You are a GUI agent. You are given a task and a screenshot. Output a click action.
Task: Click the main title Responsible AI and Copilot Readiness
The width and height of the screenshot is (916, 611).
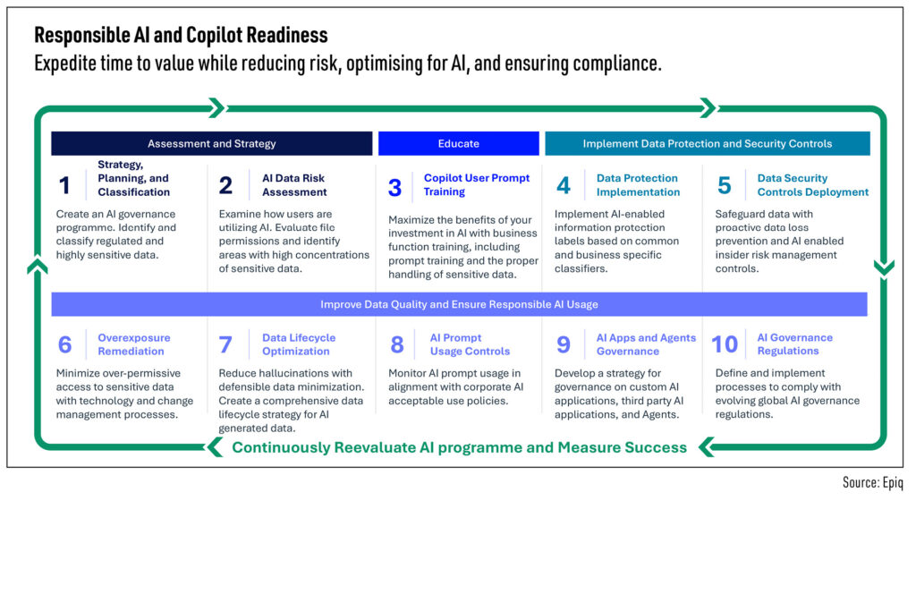click(181, 36)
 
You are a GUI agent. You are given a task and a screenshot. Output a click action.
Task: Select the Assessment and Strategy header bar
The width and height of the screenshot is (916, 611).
click(211, 143)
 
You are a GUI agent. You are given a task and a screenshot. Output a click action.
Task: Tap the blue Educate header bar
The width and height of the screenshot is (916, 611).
click(458, 143)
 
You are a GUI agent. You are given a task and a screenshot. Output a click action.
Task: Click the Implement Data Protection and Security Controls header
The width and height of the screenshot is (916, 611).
click(707, 143)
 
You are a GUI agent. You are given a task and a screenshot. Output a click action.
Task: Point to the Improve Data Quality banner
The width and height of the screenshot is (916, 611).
click(459, 304)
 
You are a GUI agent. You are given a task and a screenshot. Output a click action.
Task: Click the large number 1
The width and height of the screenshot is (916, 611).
click(64, 185)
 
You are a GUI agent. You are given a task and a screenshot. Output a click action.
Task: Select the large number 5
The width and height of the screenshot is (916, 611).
click(724, 185)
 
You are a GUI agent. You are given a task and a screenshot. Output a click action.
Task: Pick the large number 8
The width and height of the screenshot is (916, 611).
click(396, 344)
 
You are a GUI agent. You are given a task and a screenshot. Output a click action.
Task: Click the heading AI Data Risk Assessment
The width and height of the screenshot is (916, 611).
click(294, 185)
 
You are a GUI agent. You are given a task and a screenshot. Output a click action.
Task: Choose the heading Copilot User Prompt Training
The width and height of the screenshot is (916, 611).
click(476, 185)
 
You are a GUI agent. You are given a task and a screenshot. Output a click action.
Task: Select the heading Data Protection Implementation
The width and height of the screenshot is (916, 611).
click(638, 185)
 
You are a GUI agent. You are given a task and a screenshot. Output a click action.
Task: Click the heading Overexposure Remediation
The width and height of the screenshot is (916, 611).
click(133, 344)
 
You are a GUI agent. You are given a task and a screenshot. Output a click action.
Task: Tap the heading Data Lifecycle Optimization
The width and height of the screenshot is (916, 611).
click(299, 344)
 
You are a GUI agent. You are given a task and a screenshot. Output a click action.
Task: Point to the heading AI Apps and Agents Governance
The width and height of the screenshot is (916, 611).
click(646, 344)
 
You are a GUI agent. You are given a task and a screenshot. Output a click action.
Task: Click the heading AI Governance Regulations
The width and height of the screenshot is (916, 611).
click(794, 344)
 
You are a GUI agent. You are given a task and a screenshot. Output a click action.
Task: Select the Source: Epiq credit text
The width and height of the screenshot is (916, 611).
click(873, 482)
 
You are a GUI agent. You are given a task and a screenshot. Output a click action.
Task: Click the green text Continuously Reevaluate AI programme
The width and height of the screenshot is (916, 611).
click(459, 447)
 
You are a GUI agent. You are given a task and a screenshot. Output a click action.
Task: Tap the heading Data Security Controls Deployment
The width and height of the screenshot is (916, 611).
click(812, 185)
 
